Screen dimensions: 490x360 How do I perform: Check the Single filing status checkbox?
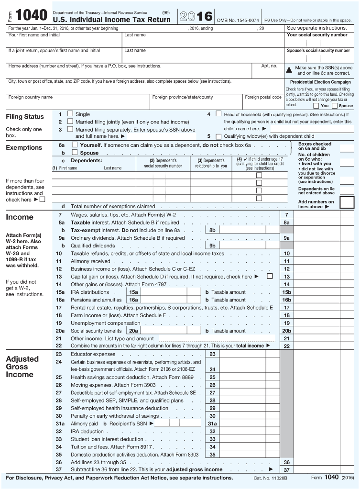click(70, 114)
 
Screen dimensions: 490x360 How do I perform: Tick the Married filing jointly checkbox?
click(70, 122)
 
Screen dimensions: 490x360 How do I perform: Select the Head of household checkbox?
click(218, 114)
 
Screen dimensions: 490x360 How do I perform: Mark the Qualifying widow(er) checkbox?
click(218, 136)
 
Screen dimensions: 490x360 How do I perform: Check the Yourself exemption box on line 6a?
click(75, 145)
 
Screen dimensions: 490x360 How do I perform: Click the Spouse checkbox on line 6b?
click(75, 153)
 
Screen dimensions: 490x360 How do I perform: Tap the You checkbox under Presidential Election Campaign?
click(316, 106)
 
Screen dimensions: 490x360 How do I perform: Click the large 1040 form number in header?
click(31, 16)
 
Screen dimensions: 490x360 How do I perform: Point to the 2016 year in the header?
click(196, 16)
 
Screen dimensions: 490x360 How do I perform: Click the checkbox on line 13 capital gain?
click(270, 276)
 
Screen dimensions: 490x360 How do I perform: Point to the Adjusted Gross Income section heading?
click(22, 367)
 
